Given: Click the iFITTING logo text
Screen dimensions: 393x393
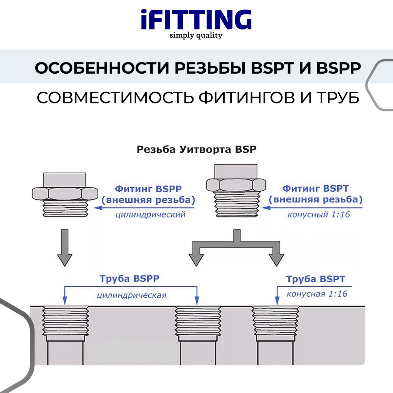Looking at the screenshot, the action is click(196, 20).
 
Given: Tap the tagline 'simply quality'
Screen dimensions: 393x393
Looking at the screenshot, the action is click(196, 36).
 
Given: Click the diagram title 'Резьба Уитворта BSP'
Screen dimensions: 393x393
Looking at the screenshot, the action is click(196, 149).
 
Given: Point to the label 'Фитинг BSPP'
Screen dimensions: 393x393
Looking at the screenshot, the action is click(148, 189).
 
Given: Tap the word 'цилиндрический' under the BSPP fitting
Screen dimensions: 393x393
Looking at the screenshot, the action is click(151, 215).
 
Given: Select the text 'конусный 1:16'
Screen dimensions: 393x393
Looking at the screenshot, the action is click(319, 215).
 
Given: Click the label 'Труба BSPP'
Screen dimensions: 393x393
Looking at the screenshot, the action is click(129, 278).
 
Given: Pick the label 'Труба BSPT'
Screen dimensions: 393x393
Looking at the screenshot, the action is click(316, 279).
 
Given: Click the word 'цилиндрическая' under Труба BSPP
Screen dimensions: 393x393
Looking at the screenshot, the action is click(132, 295).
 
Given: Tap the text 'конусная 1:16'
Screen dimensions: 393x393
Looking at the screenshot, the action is click(317, 294).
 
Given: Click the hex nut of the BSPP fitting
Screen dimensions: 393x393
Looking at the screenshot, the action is click(65, 193).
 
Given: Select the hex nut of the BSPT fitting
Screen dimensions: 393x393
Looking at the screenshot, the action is click(236, 185).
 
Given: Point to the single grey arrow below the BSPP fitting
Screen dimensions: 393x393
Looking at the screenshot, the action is click(65, 248).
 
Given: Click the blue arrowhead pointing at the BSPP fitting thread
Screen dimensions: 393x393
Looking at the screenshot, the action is click(98, 208).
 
